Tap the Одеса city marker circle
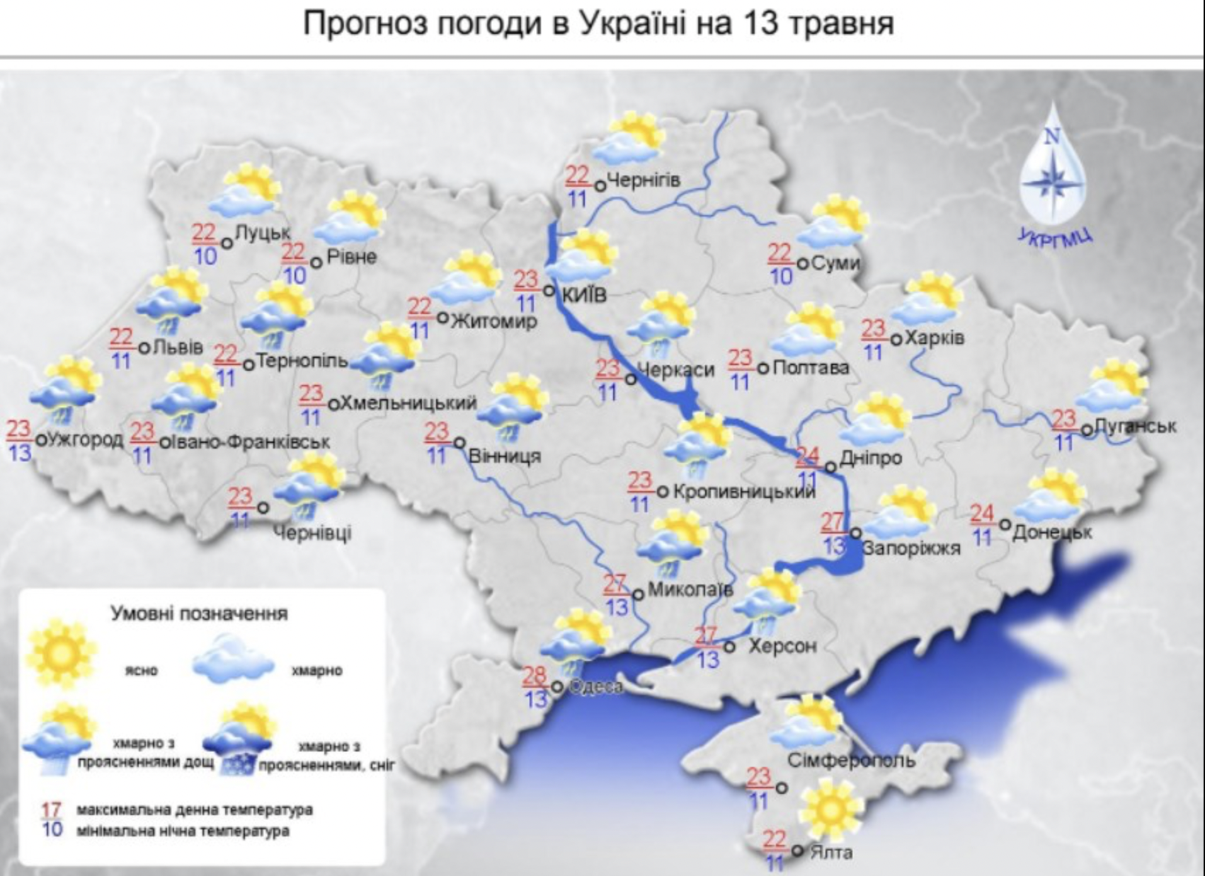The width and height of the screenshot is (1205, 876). (x=557, y=686)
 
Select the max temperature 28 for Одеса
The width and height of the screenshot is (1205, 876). (x=535, y=676)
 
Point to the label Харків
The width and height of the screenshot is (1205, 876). (x=935, y=338)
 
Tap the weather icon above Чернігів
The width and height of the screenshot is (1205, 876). (x=628, y=139)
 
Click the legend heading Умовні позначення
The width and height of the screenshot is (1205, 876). (x=199, y=613)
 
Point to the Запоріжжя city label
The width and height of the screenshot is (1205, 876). (x=911, y=548)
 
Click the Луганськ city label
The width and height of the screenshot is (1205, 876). (x=1135, y=426)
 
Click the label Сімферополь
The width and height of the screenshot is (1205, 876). (x=851, y=761)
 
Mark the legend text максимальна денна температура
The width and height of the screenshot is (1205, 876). (x=194, y=809)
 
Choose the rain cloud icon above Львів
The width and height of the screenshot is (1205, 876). (x=170, y=302)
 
